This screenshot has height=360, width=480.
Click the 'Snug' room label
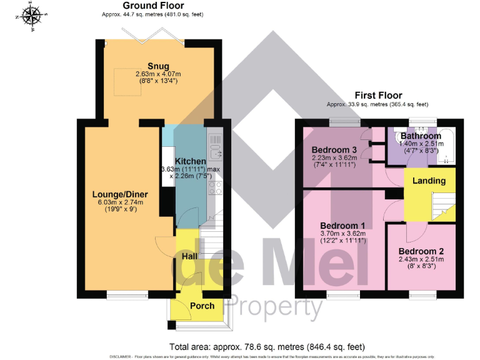pos(158,66)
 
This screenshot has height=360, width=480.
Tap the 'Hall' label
pos(190,256)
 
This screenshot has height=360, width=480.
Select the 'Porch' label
pos(201,306)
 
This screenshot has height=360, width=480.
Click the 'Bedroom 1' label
pos(342,225)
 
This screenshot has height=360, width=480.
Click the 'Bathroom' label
pos(420,136)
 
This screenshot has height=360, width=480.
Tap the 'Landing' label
pos(429,181)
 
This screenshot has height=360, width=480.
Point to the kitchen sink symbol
pos(215,151)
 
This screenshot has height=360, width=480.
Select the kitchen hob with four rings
pos(216,188)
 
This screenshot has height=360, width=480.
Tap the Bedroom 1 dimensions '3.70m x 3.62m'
pos(342,233)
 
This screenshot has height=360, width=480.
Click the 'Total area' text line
pos(266,346)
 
